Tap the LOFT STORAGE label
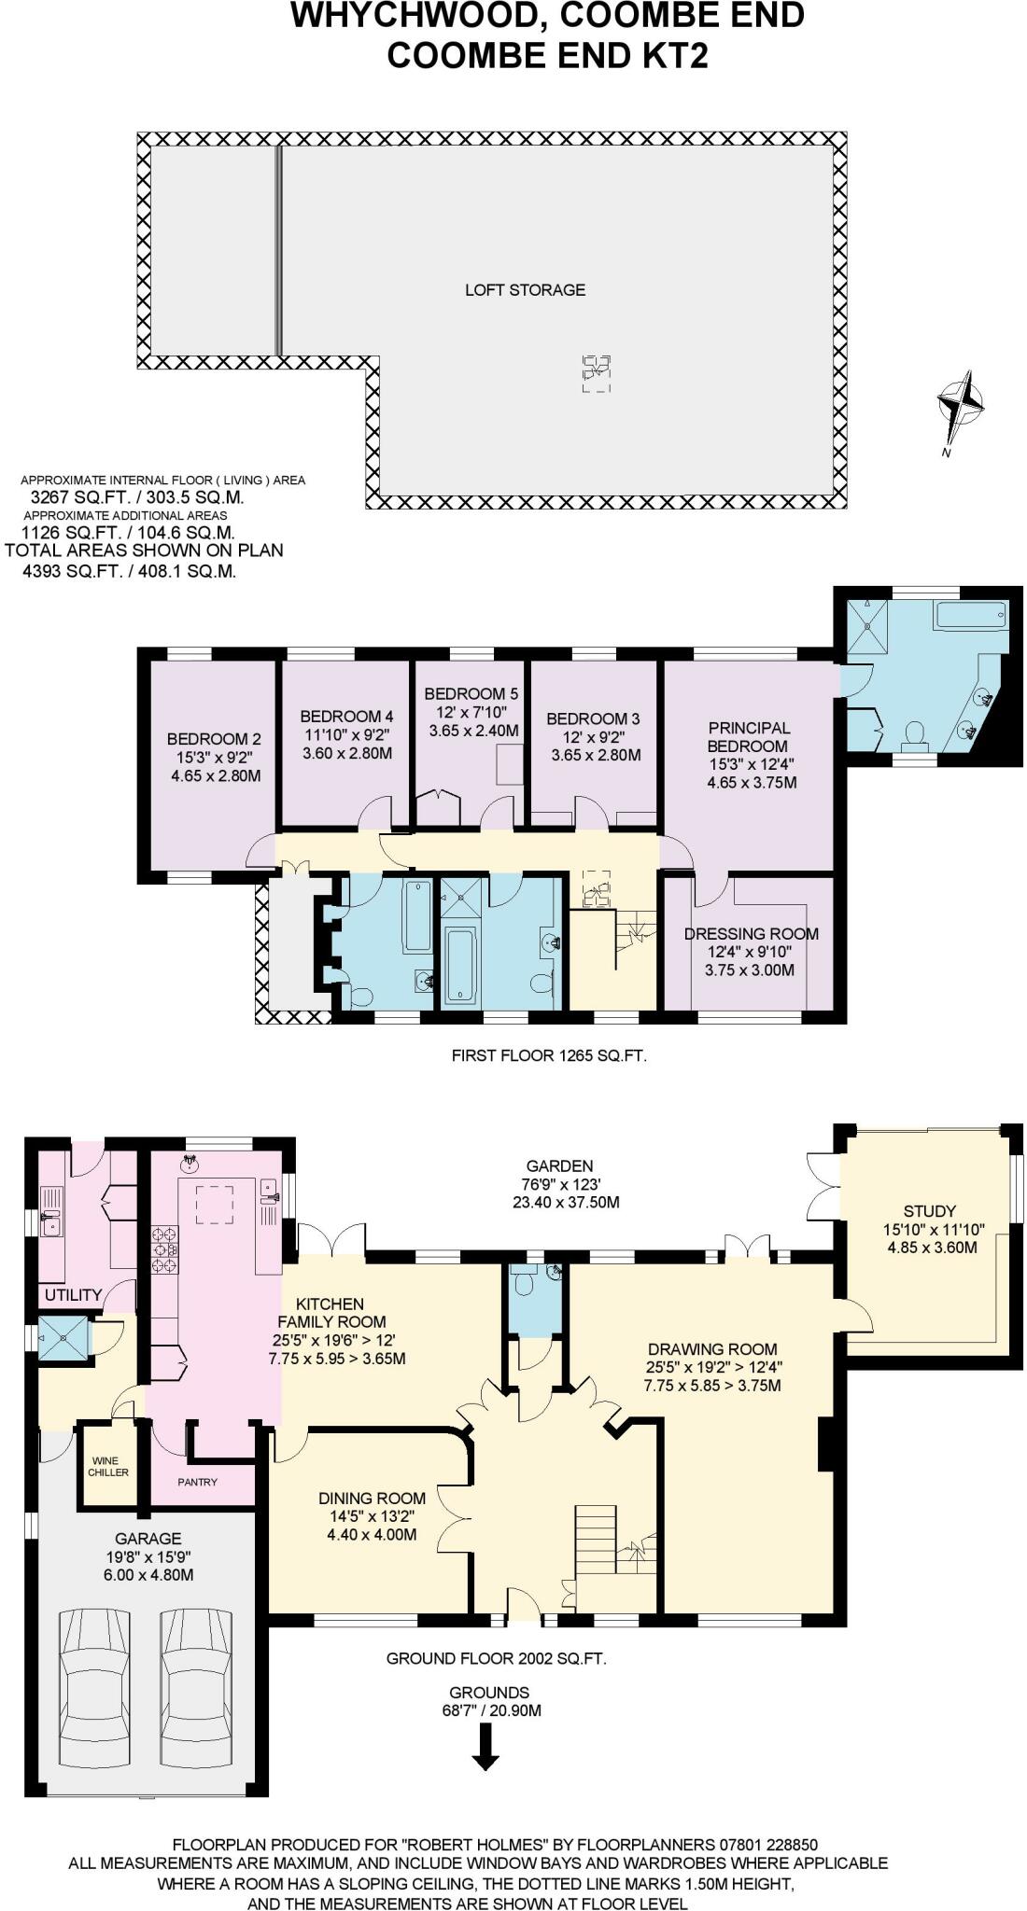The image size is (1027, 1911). (525, 290)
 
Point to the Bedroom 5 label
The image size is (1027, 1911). (471, 694)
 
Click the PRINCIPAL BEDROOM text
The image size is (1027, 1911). (748, 737)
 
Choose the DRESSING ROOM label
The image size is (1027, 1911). (751, 934)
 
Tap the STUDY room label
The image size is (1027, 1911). (930, 1211)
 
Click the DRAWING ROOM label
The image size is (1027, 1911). (712, 1349)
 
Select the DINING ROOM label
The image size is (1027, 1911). (372, 1499)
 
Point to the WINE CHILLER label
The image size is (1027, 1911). (108, 1467)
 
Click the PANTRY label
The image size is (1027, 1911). (197, 1482)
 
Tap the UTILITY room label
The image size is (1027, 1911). (73, 1294)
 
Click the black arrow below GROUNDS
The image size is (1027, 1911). (485, 1746)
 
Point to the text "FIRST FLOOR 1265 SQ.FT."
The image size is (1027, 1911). (549, 1056)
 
